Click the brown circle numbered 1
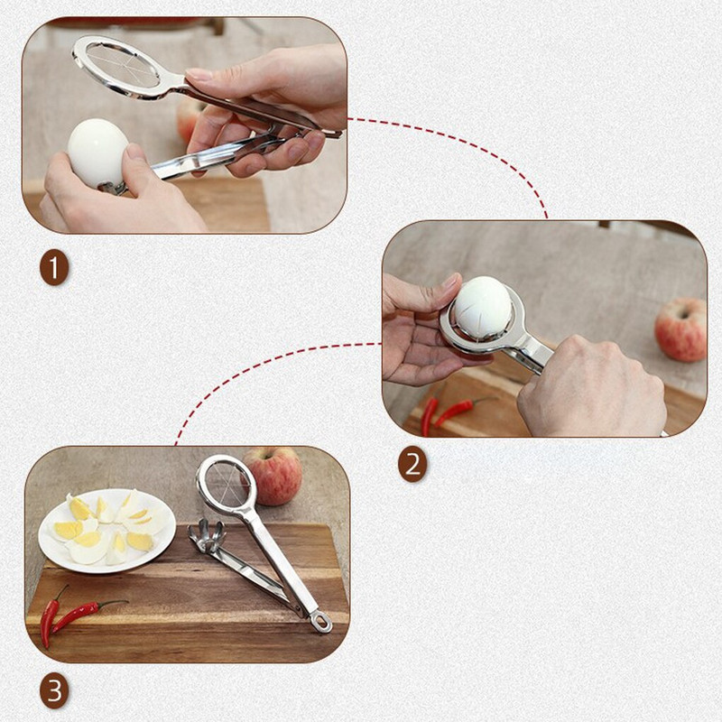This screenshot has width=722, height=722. tap(54, 269)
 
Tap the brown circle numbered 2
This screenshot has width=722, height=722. tap(412, 466)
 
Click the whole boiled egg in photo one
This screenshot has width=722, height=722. tap(97, 150)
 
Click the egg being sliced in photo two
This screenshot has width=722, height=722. tap(481, 308)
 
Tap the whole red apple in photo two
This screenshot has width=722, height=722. tap(681, 330)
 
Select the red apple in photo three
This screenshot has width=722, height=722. tap(274, 475)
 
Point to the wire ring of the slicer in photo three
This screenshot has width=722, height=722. tap(227, 484)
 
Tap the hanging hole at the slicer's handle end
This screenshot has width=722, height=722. tap(319, 622)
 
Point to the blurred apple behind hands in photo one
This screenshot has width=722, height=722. tap(190, 117)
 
